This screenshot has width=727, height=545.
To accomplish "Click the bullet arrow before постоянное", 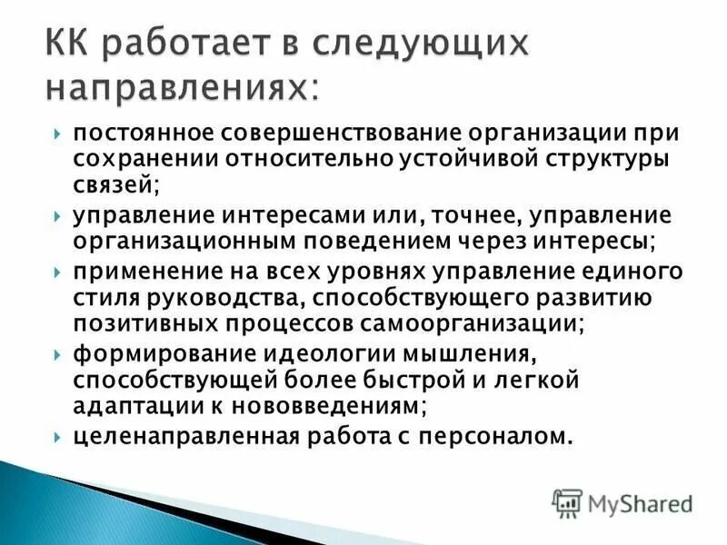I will pos(58,134).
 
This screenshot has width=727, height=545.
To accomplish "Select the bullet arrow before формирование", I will pos(58,354).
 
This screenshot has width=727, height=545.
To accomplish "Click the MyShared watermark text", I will pos(639,502).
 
